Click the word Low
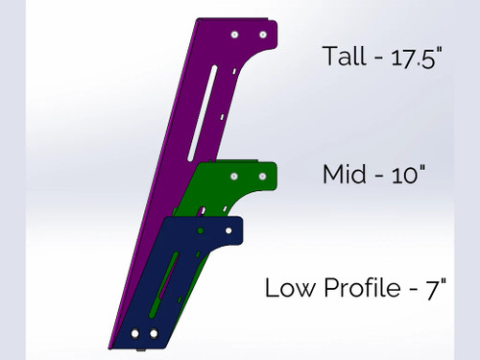(x=286, y=287)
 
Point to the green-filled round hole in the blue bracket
(x=200, y=231)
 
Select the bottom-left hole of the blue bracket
(x=135, y=333)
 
